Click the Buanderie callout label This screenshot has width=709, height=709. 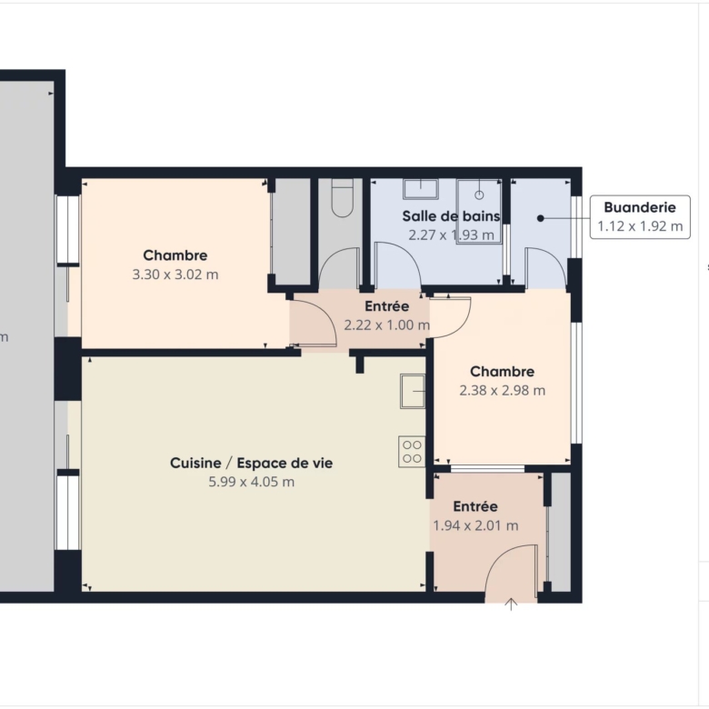pos(640,207)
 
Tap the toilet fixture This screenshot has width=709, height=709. pos(343,197)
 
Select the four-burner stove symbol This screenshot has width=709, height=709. pos(412,451)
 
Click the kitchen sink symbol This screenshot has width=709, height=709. pos(413,391)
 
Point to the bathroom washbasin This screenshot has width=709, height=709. pos(421,188)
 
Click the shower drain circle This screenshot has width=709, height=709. pos(479,195)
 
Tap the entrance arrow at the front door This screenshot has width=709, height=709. pos(511,604)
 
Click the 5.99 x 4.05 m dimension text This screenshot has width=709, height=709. pos(252,482)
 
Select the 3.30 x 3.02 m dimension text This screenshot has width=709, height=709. pos(175,275)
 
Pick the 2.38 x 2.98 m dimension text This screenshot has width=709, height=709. pos(503,390)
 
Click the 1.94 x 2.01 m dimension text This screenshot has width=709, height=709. pos(475,525)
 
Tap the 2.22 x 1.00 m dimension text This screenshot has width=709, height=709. pos(387,325)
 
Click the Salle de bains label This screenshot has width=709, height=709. pos(451,216)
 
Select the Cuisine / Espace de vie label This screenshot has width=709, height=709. pos(252,463)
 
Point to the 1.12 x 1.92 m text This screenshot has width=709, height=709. pos(640,226)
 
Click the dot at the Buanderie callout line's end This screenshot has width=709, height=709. pos(540,218)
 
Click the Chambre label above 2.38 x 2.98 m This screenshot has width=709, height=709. pos(503,372)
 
